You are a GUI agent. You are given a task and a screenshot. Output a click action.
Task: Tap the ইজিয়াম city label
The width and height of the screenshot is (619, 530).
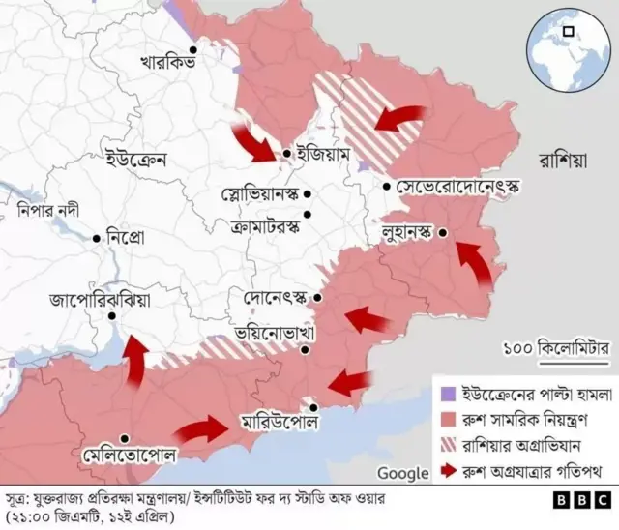click(x=326, y=155)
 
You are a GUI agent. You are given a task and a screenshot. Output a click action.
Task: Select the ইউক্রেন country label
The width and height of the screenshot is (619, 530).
click(x=135, y=158)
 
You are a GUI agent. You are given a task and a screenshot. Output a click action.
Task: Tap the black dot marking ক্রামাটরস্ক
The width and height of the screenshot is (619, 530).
click(x=308, y=215)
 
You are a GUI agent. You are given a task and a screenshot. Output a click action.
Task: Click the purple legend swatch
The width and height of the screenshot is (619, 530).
click(x=447, y=396)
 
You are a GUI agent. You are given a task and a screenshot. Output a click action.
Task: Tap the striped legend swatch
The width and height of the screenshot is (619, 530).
click(x=447, y=446)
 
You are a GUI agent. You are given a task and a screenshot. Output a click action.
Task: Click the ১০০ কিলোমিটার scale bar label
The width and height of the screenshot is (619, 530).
click(x=558, y=345)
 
